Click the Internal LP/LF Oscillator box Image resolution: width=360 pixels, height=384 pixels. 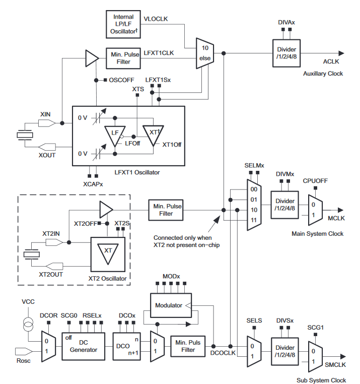click(x=124, y=24)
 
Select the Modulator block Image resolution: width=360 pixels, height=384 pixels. click(x=168, y=305)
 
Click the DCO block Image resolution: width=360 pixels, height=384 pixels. click(x=124, y=346)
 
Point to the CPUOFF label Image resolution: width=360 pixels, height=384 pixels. click(x=316, y=180)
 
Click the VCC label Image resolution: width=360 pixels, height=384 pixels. click(x=28, y=301)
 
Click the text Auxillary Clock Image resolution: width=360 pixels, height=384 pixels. click(x=323, y=74)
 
